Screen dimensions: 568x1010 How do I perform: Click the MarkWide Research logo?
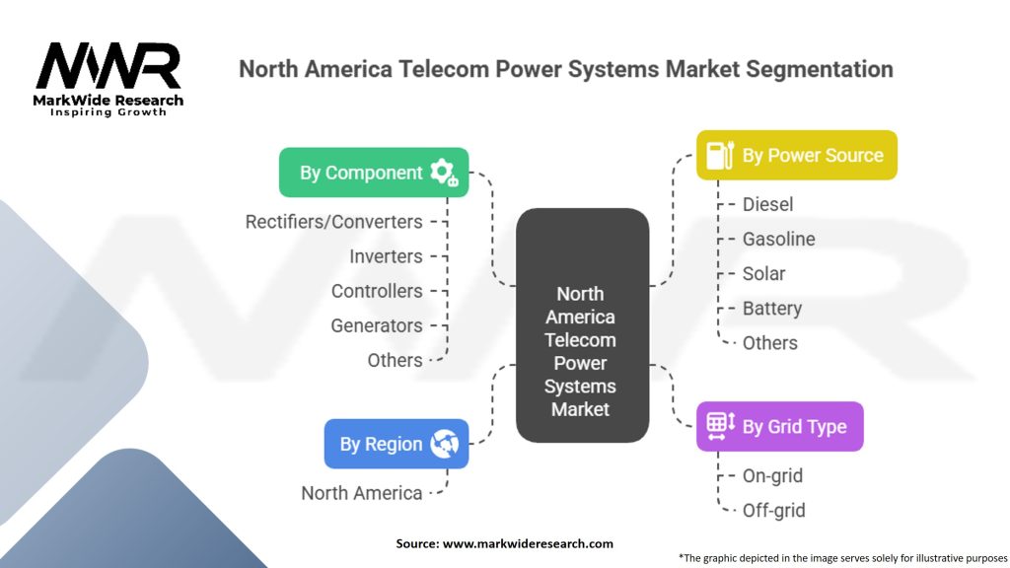tap(108, 79)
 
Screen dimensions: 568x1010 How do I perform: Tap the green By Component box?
tap(373, 173)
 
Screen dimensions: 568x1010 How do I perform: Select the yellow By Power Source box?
tap(796, 155)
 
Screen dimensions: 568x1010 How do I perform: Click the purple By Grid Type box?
tap(779, 426)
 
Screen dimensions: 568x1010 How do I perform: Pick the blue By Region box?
tap(396, 444)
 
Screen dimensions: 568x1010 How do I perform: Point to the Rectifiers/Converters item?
tap(333, 222)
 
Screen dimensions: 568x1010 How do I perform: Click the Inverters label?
tap(386, 256)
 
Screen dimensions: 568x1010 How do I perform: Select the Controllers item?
tap(377, 291)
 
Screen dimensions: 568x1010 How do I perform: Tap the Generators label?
tap(377, 325)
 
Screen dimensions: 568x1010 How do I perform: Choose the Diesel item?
tap(767, 204)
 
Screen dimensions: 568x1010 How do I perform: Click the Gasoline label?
tap(778, 239)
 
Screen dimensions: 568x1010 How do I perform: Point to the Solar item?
tap(763, 273)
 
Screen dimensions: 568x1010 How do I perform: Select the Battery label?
tap(771, 308)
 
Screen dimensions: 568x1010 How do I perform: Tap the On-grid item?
tap(772, 475)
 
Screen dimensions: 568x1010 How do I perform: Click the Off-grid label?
tap(773, 510)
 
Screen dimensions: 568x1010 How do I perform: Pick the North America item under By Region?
tap(361, 493)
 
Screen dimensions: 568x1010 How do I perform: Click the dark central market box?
tap(582, 325)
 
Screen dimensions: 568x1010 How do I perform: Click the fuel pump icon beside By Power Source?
tap(719, 155)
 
